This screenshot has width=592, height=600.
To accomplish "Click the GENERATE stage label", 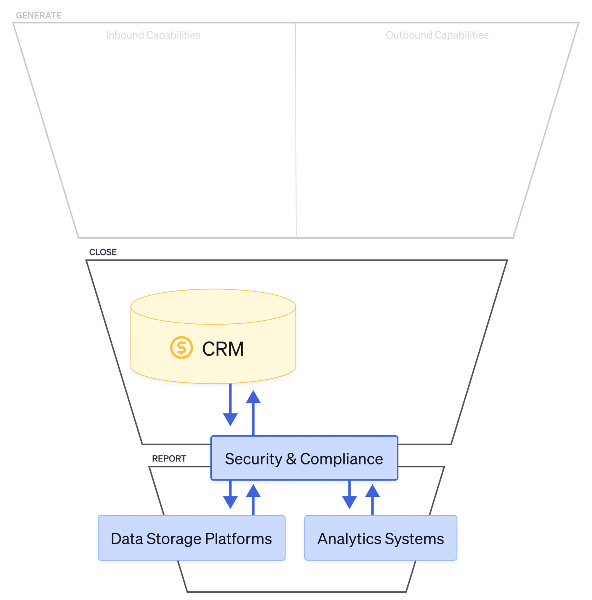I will (38, 15).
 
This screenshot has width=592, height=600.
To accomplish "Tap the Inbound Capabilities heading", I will (153, 35).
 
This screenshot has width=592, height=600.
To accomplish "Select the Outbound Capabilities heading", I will (437, 35).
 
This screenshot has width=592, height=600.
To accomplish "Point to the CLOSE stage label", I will (103, 252).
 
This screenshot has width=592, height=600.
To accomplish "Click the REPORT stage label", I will (169, 458).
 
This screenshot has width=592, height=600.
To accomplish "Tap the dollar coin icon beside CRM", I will (181, 348).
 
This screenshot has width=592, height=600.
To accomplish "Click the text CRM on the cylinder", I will (223, 349).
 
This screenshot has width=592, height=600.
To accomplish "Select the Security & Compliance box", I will (304, 458).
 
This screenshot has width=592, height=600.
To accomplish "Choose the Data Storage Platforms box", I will (192, 538).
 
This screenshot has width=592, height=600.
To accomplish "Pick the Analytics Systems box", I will (380, 538).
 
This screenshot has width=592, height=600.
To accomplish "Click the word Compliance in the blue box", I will (341, 459).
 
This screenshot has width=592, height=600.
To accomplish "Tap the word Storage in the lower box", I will (174, 539).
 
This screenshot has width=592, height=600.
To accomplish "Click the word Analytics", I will (349, 539).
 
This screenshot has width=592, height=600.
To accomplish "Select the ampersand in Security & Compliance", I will (291, 459).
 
